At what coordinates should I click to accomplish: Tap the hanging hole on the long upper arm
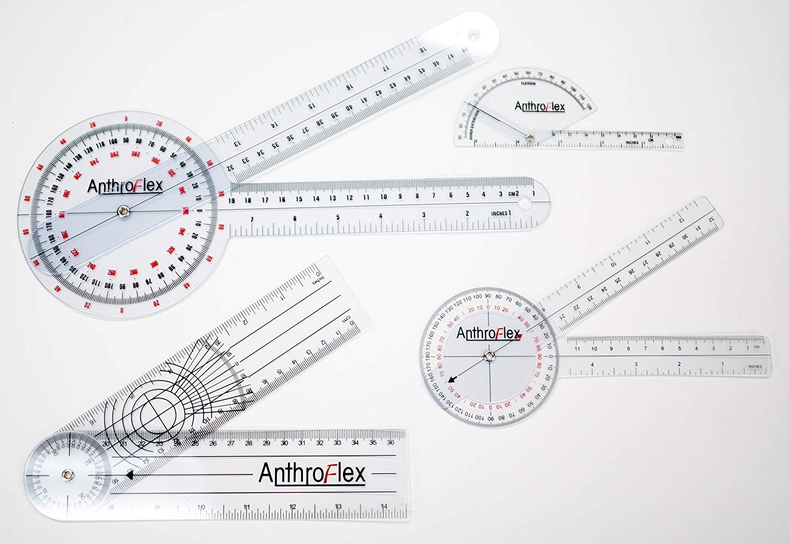click(474, 36)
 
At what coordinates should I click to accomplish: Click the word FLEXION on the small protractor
click(528, 83)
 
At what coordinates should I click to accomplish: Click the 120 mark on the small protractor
click(589, 107)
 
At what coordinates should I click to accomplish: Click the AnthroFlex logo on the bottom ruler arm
click(312, 474)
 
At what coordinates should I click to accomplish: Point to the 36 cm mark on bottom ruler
click(390, 443)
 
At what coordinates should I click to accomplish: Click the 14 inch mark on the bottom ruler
click(385, 507)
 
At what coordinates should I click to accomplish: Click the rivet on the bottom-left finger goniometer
click(67, 475)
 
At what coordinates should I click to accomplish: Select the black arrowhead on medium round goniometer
click(454, 376)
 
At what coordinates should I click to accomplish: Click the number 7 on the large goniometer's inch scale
click(251, 219)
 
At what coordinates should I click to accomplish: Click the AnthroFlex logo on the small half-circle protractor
click(540, 106)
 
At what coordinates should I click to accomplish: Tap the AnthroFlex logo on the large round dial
click(125, 186)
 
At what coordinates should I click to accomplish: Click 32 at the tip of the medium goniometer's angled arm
click(711, 218)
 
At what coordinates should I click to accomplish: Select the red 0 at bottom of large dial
click(122, 310)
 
